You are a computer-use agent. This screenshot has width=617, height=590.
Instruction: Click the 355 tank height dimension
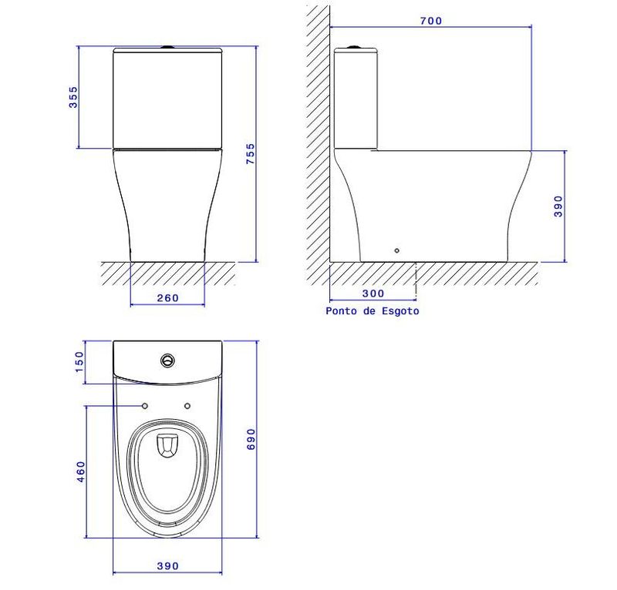(x=73, y=98)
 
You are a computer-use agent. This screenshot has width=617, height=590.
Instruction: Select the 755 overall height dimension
(x=250, y=154)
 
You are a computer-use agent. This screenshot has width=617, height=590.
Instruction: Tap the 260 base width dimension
(x=167, y=298)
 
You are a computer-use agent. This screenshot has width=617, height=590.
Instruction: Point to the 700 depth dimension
(x=431, y=21)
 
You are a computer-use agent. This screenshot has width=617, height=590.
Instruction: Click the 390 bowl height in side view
(x=558, y=206)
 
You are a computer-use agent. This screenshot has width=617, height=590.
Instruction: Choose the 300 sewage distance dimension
(x=373, y=293)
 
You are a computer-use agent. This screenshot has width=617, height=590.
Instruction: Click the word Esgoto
(x=400, y=311)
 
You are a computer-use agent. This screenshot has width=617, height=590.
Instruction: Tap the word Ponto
(x=342, y=311)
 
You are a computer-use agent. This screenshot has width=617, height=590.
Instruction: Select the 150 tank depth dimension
(x=79, y=362)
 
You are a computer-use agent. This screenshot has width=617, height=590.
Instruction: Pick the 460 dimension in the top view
(x=80, y=471)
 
